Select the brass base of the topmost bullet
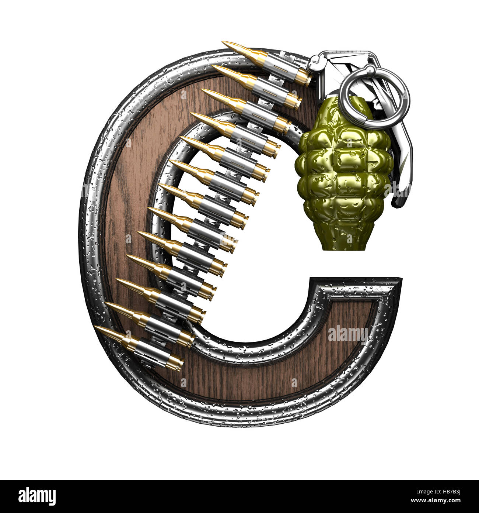pyautogui.click(x=304, y=78)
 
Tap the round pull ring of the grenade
pyautogui.click(x=374, y=94)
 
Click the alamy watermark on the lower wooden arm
pyautogui.click(x=348, y=334)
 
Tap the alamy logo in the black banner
pyautogui.click(x=37, y=496)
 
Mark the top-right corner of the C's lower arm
pyautogui.click(x=399, y=280)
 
